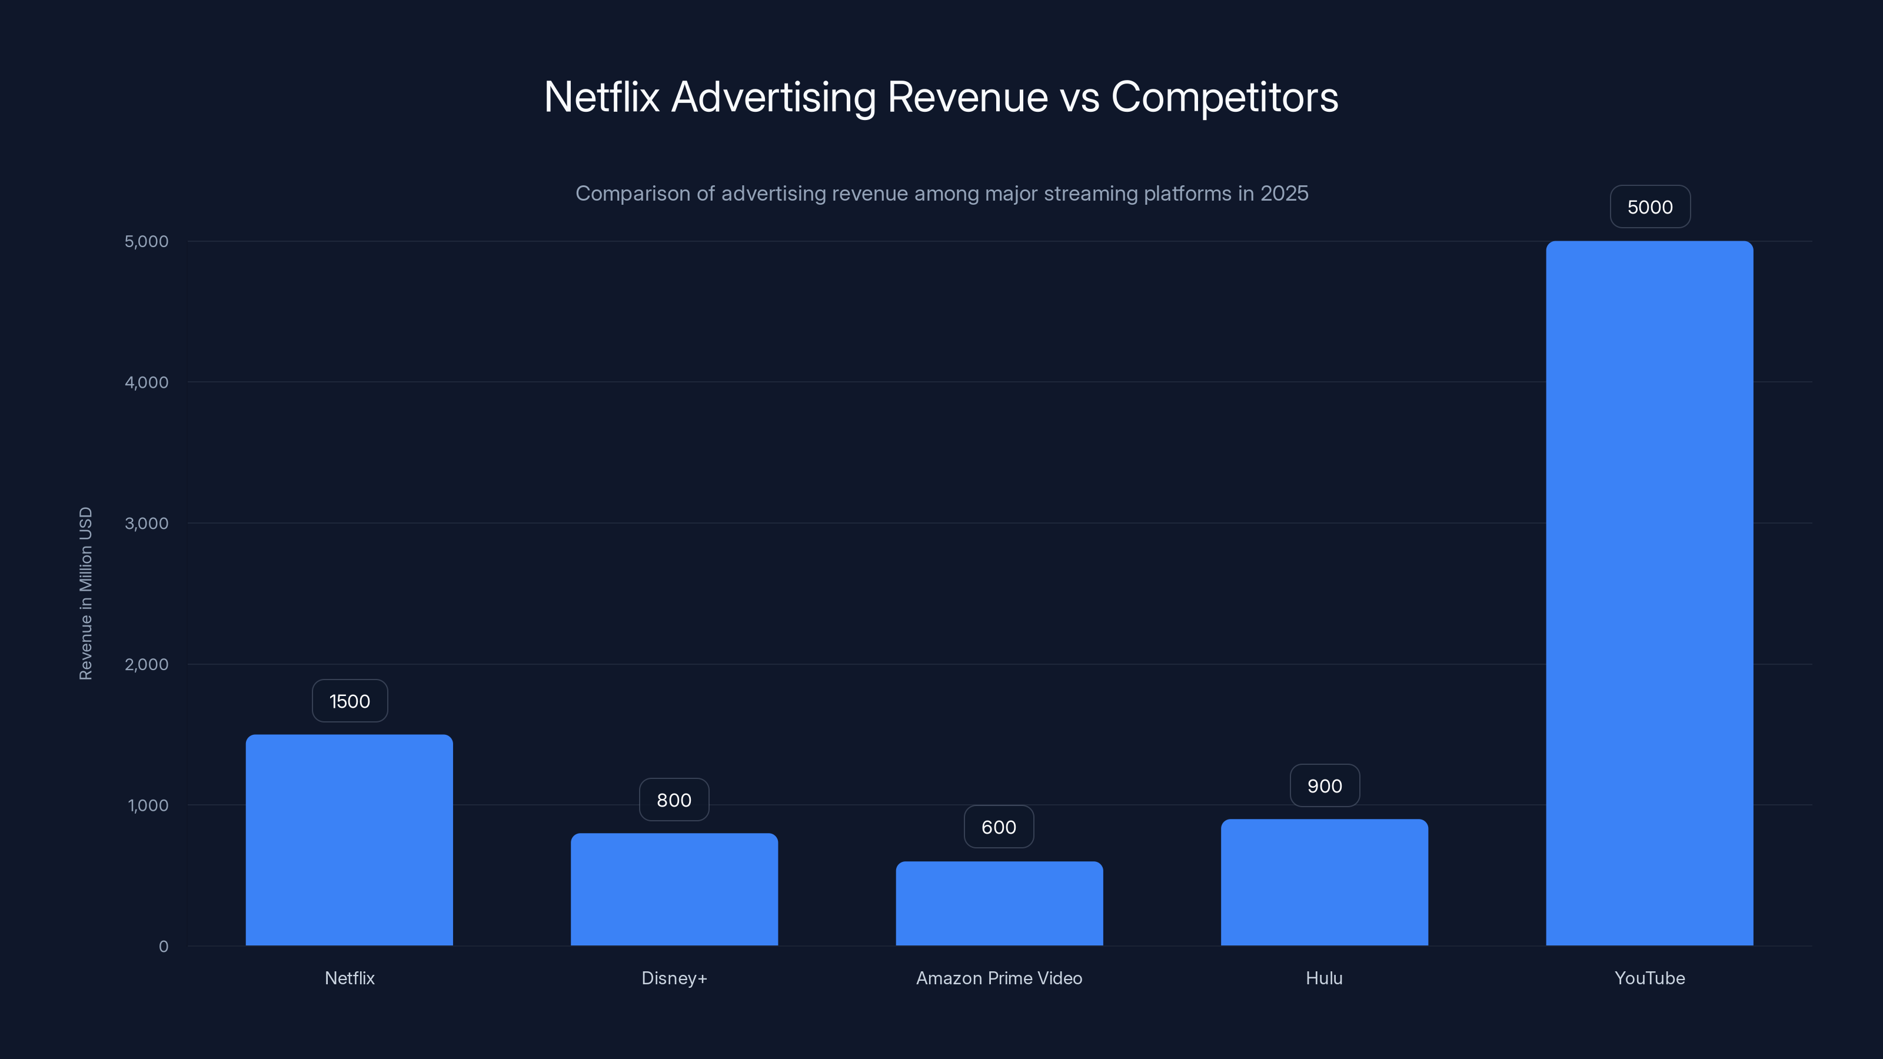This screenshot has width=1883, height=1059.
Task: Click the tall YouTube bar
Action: [x=1649, y=592]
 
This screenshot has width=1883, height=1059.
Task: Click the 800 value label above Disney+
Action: [x=674, y=800]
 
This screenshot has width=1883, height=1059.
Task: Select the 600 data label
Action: [x=999, y=827]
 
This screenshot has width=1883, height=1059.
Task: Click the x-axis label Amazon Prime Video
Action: [x=999, y=978]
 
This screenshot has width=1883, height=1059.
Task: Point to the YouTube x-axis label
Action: [x=1649, y=978]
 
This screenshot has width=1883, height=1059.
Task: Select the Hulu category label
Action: [x=1324, y=978]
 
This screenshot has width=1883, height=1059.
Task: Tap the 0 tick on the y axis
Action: [x=163, y=947]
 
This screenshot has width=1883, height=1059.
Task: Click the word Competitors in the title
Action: [x=1225, y=96]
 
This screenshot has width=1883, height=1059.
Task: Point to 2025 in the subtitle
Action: [x=1283, y=194]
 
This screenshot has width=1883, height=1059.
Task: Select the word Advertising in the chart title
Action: [x=773, y=96]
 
